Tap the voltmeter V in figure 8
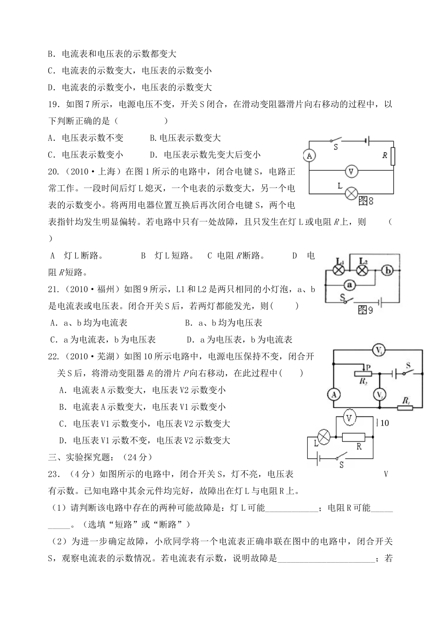point(351,171)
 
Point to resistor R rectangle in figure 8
point(393,156)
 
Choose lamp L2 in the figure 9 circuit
point(363,271)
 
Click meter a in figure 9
point(350,285)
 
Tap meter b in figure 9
point(389,271)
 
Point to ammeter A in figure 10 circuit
point(333,395)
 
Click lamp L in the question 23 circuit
point(323,436)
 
